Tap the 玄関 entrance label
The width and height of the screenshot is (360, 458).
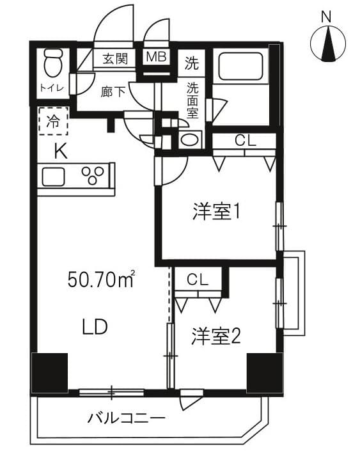(115, 59)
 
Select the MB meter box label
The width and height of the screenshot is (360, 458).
(156, 57)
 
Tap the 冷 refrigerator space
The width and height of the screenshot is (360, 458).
(53, 122)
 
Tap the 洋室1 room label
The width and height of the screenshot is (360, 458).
(216, 212)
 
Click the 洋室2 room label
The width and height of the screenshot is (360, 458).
(215, 337)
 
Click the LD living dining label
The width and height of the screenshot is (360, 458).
(94, 327)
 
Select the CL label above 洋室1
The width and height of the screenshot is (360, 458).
(243, 141)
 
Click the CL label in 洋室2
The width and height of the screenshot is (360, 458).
(197, 280)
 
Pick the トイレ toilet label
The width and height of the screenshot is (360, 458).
(51, 88)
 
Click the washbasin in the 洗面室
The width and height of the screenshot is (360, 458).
(189, 140)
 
